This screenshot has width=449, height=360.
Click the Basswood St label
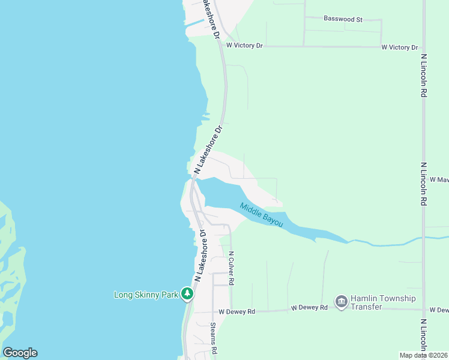click(343, 19)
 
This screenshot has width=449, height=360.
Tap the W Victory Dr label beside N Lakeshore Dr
click(244, 45)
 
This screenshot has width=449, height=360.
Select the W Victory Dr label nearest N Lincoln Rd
click(399, 47)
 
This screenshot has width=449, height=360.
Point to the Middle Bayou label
click(261, 214)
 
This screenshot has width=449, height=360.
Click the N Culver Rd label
click(231, 268)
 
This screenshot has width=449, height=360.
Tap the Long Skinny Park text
click(147, 294)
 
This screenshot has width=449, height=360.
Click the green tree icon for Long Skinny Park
click(188, 293)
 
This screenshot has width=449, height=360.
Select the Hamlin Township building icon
click(342, 301)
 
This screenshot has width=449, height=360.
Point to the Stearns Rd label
click(213, 337)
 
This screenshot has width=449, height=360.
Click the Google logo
click(20, 353)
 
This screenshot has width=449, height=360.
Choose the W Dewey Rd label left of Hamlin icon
click(309, 307)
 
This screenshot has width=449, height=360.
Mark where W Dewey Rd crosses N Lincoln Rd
click(424, 310)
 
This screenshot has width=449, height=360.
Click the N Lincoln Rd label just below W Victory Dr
click(424, 76)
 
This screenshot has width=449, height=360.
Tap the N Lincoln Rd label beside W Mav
click(424, 184)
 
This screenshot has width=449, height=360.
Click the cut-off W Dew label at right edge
click(439, 310)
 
